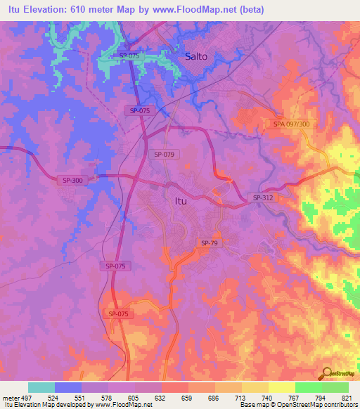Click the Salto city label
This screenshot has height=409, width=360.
click(195, 56)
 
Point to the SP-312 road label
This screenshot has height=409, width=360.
click(263, 198)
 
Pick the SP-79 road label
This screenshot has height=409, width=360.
click(210, 243)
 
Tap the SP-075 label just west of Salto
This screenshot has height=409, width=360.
click(129, 56)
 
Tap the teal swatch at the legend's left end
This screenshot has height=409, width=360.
click(41, 387)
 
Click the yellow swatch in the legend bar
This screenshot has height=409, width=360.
click(281, 387)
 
